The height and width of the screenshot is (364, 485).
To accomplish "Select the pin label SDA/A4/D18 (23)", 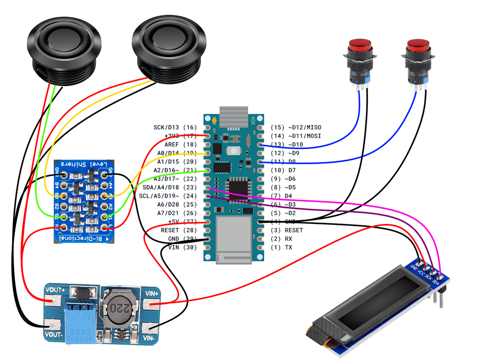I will [x=170, y=187].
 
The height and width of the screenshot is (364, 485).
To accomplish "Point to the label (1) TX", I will [x=281, y=247].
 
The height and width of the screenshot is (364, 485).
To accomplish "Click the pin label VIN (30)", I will [x=182, y=247].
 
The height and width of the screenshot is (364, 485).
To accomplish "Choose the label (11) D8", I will [x=285, y=161].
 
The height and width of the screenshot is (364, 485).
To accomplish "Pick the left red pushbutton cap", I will [x=360, y=47].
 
